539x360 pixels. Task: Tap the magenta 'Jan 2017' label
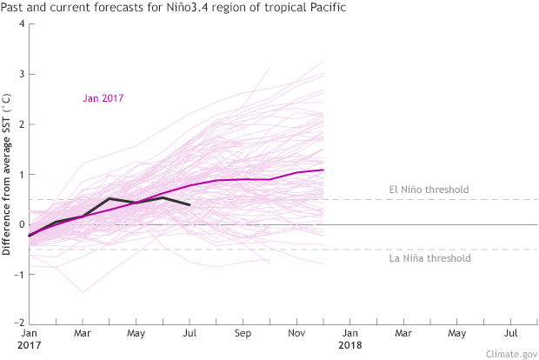click(103, 98)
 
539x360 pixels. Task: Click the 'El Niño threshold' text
click(429, 190)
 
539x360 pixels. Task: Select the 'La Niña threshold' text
click(429, 258)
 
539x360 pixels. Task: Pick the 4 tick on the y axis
click(20, 23)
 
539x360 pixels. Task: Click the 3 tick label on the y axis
click(20, 74)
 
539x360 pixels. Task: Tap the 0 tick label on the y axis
click(20, 224)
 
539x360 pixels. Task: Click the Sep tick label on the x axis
click(243, 332)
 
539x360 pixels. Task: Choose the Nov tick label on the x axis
click(296, 332)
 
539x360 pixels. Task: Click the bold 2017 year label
click(30, 345)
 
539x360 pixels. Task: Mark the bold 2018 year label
click(350, 345)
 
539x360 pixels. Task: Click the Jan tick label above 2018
click(349, 332)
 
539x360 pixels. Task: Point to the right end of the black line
click(190, 204)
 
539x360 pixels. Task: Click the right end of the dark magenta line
click(323, 170)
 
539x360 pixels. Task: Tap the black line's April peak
click(110, 198)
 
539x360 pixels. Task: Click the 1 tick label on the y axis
click(20, 174)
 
